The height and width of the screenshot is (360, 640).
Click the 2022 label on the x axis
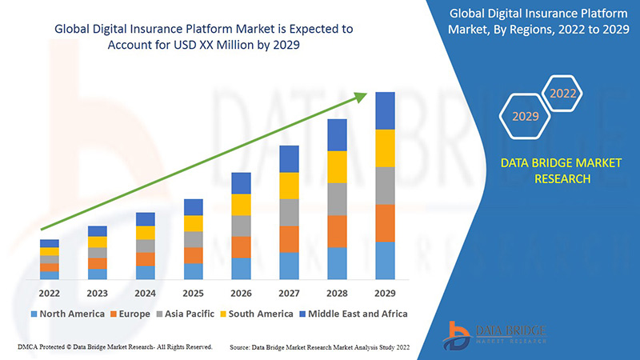pyautogui.click(x=50, y=293)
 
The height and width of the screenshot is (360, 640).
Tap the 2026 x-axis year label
pyautogui.click(x=241, y=293)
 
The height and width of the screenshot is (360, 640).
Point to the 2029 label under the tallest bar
pyautogui.click(x=385, y=293)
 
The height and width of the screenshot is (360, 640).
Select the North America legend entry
pyautogui.click(x=67, y=314)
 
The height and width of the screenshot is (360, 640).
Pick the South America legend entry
pyautogui.click(x=260, y=314)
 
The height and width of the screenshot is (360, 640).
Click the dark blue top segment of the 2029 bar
pyautogui.click(x=385, y=110)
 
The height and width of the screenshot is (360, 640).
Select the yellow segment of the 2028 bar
pyautogui.click(x=337, y=166)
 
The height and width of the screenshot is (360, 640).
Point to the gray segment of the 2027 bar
pyautogui.click(x=289, y=212)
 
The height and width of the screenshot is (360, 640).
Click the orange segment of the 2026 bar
pyautogui.click(x=241, y=246)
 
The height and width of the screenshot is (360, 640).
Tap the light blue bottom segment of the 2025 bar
pyautogui.click(x=193, y=271)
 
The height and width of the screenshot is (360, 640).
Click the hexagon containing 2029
pyautogui.click(x=526, y=117)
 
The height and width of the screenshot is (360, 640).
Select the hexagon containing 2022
pyautogui.click(x=562, y=94)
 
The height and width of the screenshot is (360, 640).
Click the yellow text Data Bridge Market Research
pyautogui.click(x=549, y=170)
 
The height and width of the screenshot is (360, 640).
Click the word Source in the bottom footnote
pyautogui.click(x=243, y=348)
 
